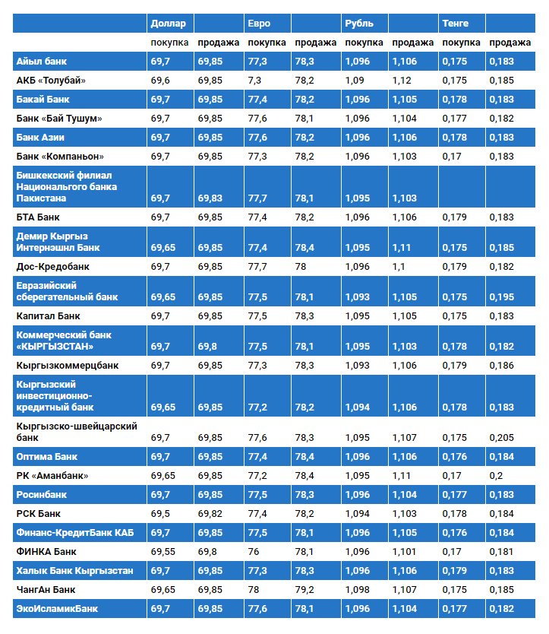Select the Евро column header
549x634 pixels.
pyautogui.click(x=259, y=23)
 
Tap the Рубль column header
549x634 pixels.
pyautogui.click(x=359, y=23)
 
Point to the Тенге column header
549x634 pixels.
pyautogui.click(x=456, y=23)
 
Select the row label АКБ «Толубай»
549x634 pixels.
pyautogui.click(x=51, y=81)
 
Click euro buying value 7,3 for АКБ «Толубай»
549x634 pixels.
pyautogui.click(x=254, y=81)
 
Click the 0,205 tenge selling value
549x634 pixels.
pyautogui.click(x=501, y=438)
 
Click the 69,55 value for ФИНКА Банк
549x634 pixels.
pyautogui.click(x=162, y=551)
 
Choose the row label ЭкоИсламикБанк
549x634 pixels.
pyautogui.click(x=57, y=608)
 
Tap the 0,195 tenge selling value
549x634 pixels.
pyautogui.click(x=501, y=297)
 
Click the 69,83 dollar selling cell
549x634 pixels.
pyautogui.click(x=210, y=198)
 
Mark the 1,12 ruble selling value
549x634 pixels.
pyautogui.click(x=402, y=81)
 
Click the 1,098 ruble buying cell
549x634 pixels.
pyautogui.click(x=357, y=589)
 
